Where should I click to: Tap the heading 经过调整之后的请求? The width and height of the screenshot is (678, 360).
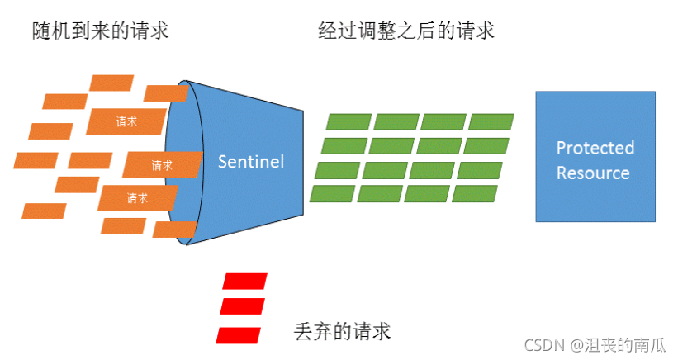point(406,31)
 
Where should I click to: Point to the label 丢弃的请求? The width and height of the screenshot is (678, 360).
point(342,331)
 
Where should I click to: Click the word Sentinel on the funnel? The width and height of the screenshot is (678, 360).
point(250,161)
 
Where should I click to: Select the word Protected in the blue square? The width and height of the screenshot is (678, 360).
point(595,149)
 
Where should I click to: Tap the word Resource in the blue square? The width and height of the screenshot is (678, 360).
point(593,173)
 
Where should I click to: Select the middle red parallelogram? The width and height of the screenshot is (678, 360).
point(242,306)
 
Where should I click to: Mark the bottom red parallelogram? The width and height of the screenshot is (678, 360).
point(239,334)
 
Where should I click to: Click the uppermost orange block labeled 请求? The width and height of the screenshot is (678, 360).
point(126,121)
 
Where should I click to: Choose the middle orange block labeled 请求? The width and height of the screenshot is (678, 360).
point(162,165)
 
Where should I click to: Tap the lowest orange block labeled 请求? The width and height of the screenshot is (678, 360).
point(137,198)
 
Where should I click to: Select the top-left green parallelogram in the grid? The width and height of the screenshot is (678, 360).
point(348,121)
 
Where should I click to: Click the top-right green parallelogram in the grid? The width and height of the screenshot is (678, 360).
point(491,121)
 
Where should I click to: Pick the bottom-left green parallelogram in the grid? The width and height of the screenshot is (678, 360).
point(332,194)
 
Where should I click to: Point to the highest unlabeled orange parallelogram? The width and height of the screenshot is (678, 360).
point(111,83)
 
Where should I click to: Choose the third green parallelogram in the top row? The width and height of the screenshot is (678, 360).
point(443,121)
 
